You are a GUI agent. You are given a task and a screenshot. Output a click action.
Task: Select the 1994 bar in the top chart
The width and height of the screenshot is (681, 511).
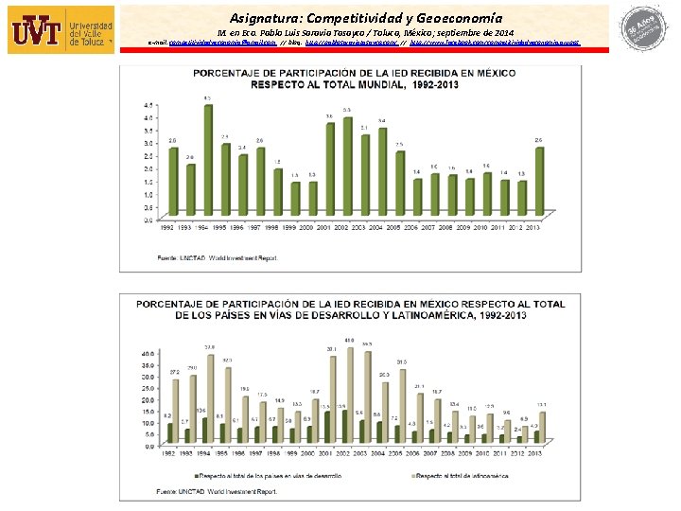208,161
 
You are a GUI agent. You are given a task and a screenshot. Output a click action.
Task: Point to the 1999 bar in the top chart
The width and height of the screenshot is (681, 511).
294,200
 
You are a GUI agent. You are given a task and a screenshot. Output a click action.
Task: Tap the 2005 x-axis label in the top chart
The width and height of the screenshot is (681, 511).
399,227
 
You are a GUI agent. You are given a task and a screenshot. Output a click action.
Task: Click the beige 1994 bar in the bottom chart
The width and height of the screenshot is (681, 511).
210,398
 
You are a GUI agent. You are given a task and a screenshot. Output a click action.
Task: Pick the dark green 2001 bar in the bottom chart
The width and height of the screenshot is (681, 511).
327,427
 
